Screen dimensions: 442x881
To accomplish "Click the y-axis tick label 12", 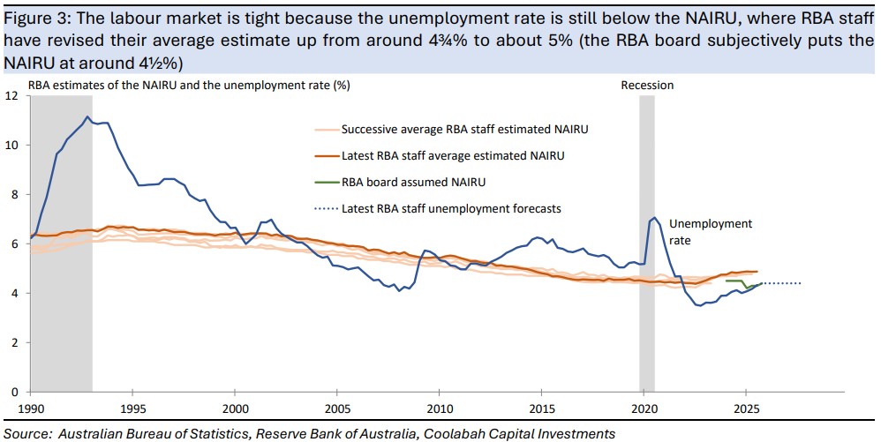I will coord(11,95).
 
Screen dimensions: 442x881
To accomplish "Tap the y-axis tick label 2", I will coord(13,342).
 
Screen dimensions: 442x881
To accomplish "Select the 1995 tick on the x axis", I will coord(132,409).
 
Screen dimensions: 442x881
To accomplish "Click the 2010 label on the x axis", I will coord(439,409).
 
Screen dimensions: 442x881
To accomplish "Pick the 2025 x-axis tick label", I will coord(745,409).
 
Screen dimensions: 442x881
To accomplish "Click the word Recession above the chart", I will coord(647,85).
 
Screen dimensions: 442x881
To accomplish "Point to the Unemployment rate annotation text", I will coord(711,231).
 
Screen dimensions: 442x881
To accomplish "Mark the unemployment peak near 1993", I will coord(87,116).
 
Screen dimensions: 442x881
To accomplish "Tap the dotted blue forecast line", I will coord(781,283).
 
